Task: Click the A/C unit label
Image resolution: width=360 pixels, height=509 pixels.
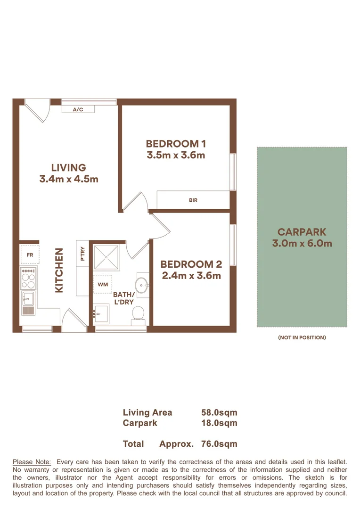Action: (x=78, y=110)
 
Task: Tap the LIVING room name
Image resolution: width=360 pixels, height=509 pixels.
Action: (x=69, y=167)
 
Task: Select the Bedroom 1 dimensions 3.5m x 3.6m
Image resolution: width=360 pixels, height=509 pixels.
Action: (x=175, y=155)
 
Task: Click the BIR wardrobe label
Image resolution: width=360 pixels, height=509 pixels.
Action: (x=193, y=200)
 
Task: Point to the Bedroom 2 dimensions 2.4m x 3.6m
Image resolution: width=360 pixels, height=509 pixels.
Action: (x=191, y=276)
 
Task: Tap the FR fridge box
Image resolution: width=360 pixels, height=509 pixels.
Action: (x=30, y=254)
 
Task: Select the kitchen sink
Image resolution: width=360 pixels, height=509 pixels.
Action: (x=28, y=298)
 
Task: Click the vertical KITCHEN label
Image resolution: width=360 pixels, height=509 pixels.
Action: (x=59, y=271)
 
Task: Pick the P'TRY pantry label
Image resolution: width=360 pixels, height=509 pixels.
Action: (x=82, y=254)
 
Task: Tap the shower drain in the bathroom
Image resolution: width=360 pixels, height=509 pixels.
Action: (x=106, y=258)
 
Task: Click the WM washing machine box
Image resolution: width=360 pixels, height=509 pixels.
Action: (x=103, y=285)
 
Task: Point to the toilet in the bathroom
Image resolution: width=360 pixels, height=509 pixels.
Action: (x=138, y=313)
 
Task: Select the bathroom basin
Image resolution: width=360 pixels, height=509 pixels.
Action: (x=142, y=285)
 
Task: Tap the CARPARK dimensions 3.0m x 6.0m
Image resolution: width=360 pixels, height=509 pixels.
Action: (x=302, y=244)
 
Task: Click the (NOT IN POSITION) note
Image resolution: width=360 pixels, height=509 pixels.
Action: (x=302, y=337)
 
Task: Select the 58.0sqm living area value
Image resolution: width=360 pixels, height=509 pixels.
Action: (x=219, y=412)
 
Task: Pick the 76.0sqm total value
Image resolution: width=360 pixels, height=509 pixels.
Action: (x=219, y=444)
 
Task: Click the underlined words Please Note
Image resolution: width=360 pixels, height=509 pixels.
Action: (x=32, y=462)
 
